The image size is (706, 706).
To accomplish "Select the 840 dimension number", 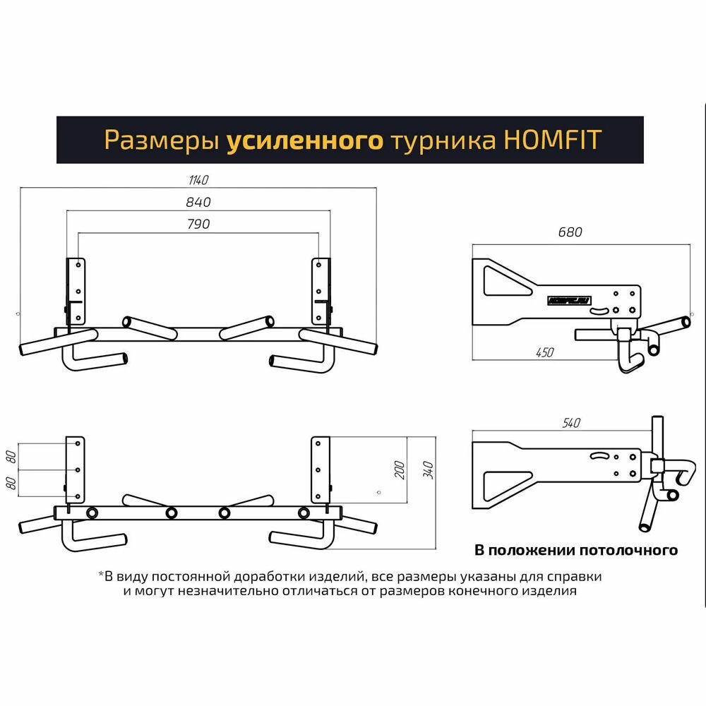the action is [x=199, y=203].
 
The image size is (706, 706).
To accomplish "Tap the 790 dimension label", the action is [x=199, y=225].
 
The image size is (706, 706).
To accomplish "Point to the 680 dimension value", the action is [x=570, y=232].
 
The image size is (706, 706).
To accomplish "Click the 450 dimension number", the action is [x=544, y=352].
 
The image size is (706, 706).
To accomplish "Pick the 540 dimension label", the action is [x=570, y=423].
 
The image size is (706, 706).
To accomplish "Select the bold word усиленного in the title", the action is [x=305, y=140].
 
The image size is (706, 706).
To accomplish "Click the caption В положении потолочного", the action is [x=575, y=549].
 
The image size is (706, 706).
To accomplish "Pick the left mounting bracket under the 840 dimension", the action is [x=76, y=290].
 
